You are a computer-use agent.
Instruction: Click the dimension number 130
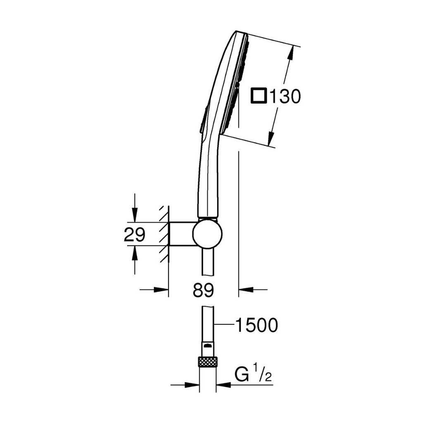tap(285, 96)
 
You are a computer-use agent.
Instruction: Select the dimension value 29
tap(134, 235)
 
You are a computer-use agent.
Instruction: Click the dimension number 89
tap(203, 290)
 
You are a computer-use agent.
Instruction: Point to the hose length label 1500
tap(257, 325)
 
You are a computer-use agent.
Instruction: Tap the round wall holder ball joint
tap(207, 234)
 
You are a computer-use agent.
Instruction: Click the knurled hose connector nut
tap(208, 361)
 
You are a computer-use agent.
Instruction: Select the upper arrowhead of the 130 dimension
tap(290, 54)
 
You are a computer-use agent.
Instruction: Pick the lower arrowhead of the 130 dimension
tap(271, 139)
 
